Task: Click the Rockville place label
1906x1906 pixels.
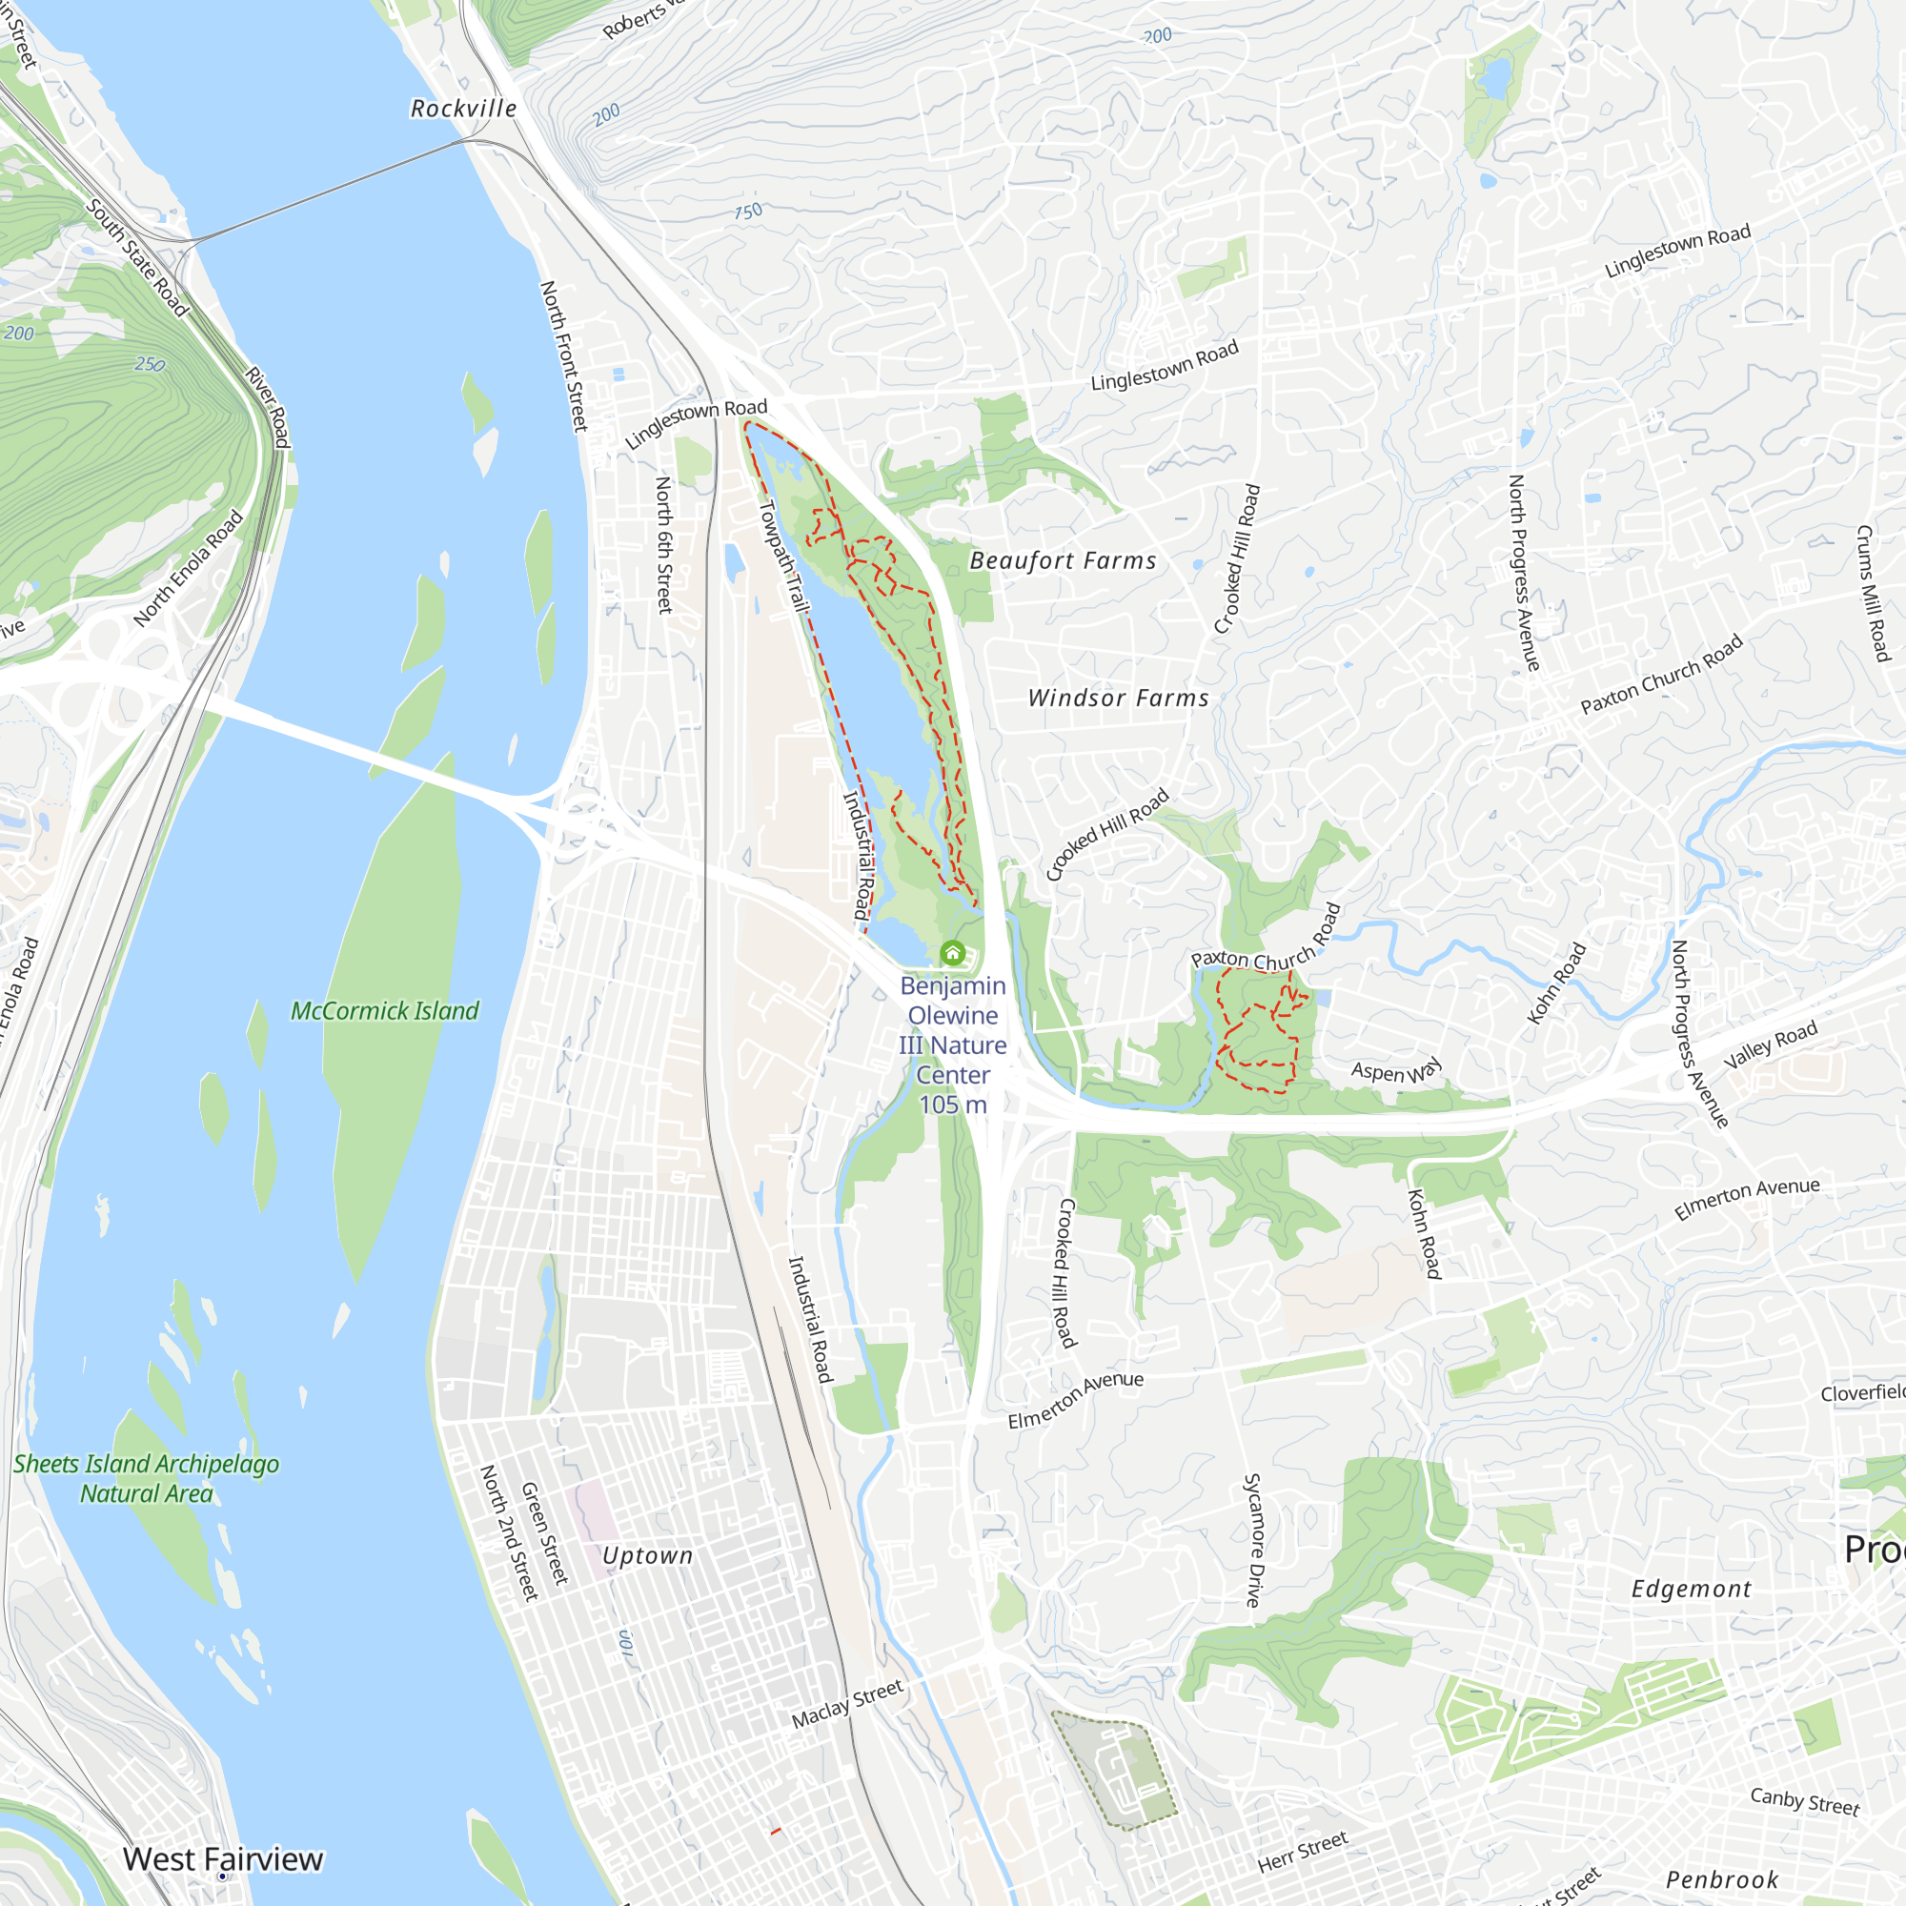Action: (x=464, y=109)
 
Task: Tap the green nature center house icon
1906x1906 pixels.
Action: (x=952, y=953)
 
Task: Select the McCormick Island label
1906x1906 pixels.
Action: (x=385, y=1011)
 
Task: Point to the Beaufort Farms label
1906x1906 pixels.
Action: (x=1063, y=561)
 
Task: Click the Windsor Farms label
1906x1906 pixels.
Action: (x=1118, y=699)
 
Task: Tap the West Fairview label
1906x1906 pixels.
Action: (x=223, y=1858)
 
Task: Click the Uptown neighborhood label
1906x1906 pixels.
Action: (x=647, y=1556)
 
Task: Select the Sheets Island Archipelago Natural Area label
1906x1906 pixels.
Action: (x=146, y=1479)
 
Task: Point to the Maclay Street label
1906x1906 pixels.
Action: (x=847, y=1704)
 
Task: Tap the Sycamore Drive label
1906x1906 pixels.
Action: (x=1252, y=1540)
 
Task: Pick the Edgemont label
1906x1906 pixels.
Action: (x=1691, y=1590)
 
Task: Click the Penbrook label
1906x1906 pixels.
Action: (x=1721, y=1880)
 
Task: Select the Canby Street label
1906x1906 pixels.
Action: (x=1804, y=1801)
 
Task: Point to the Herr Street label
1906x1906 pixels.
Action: (x=1302, y=1852)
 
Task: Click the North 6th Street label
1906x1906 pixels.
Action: (x=664, y=544)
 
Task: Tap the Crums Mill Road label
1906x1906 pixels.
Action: (x=1873, y=593)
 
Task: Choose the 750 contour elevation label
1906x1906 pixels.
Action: (x=748, y=212)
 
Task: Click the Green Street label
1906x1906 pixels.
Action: (x=544, y=1533)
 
